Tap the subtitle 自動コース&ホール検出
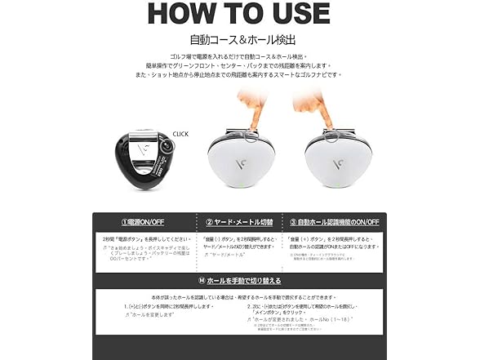(x=239, y=38)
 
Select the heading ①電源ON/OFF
(x=144, y=221)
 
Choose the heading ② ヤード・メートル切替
(x=239, y=221)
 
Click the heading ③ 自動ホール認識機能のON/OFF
(x=335, y=221)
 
